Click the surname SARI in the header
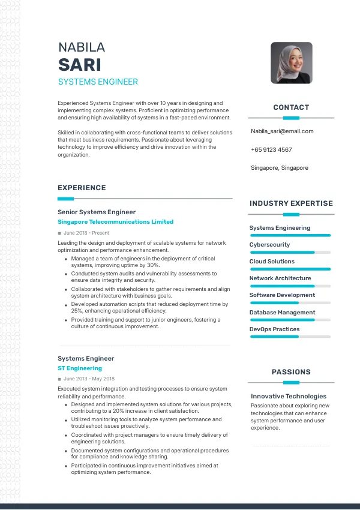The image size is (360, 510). point(79,64)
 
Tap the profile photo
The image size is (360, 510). point(291,62)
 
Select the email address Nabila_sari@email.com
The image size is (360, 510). point(282,131)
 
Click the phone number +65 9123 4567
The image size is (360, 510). point(271,149)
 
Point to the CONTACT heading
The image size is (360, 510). point(291,107)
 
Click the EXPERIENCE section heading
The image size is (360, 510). point(82,188)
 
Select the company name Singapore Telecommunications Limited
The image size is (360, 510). point(115,222)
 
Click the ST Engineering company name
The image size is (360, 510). point(80,368)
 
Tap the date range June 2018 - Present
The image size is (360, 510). point(86,233)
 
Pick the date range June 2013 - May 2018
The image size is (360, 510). point(89,379)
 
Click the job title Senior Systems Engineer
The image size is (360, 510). point(97,212)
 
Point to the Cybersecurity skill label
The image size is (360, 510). point(269,245)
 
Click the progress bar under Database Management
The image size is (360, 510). point(290,320)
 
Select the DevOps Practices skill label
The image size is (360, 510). point(274,329)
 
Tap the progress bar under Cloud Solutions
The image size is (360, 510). point(290,269)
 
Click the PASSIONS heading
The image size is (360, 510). point(291,372)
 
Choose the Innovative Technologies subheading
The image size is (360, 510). point(289,397)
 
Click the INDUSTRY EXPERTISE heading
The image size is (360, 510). point(291,203)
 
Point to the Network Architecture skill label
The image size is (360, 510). point(280,278)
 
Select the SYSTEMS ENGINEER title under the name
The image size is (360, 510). point(98,82)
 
